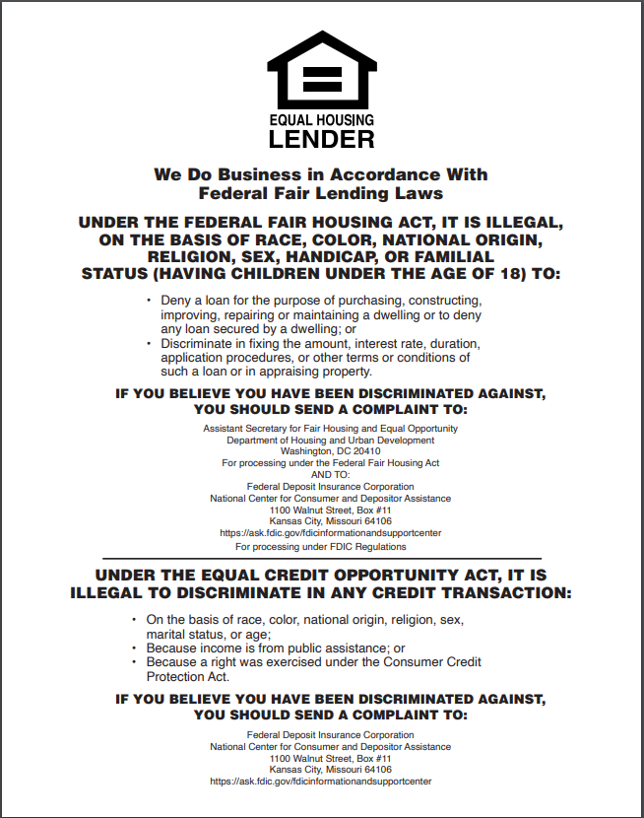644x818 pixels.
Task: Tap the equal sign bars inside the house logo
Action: coord(321,78)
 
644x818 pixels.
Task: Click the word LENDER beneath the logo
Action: coord(321,138)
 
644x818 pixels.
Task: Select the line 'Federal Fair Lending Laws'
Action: coord(321,193)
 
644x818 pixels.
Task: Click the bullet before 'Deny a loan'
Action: coord(149,299)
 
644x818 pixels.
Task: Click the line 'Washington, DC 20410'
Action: coord(321,451)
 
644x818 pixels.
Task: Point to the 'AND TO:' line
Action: coord(321,474)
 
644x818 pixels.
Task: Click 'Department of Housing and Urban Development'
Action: coord(321,441)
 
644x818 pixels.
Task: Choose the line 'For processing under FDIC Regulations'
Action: coord(321,546)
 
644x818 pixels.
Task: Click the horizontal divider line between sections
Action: coord(321,559)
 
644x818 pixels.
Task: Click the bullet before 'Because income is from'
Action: coord(134,648)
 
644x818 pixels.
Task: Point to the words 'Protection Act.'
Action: coord(188,677)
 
